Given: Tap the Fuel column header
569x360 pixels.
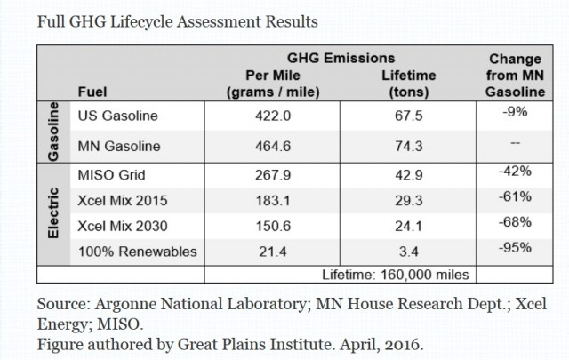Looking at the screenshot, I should (x=93, y=91).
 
